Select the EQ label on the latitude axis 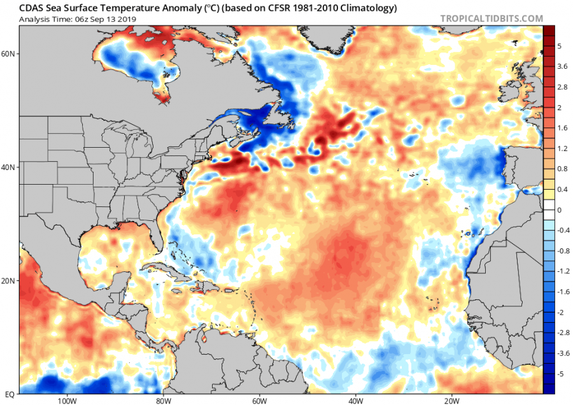coord(10,394)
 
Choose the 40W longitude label coord(355,401)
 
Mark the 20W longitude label coord(451,401)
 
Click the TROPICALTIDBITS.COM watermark coord(492,18)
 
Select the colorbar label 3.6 coord(562,66)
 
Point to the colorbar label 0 coord(560,210)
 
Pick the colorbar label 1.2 coord(562,148)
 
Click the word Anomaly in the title coord(182,8)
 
